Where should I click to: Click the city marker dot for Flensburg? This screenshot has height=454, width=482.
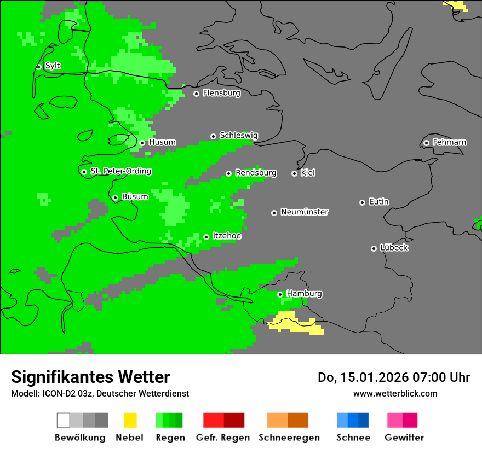pyautogui.click(x=196, y=94)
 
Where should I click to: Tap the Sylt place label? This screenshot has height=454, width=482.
pyautogui.click(x=53, y=66)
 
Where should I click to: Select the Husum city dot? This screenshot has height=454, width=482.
pyautogui.click(x=142, y=143)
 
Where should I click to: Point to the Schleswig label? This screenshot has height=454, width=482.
pyautogui.click(x=238, y=135)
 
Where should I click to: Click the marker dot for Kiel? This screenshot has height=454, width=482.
pyautogui.click(x=294, y=173)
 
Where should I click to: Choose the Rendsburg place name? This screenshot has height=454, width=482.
pyautogui.click(x=255, y=173)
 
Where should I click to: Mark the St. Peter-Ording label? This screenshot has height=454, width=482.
pyautogui.click(x=120, y=171)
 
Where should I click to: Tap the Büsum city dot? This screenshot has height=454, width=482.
pyautogui.click(x=115, y=197)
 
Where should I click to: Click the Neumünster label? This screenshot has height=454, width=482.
pyautogui.click(x=305, y=212)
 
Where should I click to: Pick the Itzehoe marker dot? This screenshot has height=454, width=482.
pyautogui.click(x=206, y=237)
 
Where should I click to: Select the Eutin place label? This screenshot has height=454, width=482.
pyautogui.click(x=378, y=202)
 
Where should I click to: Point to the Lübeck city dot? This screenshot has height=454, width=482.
pyautogui.click(x=374, y=248)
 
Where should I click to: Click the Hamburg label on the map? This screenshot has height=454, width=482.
pyautogui.click(x=304, y=294)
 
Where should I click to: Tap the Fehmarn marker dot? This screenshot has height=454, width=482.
pyautogui.click(x=426, y=143)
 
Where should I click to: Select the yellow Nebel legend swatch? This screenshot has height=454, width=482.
pyautogui.click(x=130, y=420)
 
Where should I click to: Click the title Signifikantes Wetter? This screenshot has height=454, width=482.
pyautogui.click(x=90, y=377)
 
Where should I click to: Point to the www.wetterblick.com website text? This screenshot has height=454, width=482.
pyautogui.click(x=395, y=393)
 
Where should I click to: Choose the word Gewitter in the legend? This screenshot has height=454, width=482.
pyautogui.click(x=404, y=438)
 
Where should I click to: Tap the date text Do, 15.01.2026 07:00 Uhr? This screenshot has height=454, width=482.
pyautogui.click(x=394, y=377)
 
